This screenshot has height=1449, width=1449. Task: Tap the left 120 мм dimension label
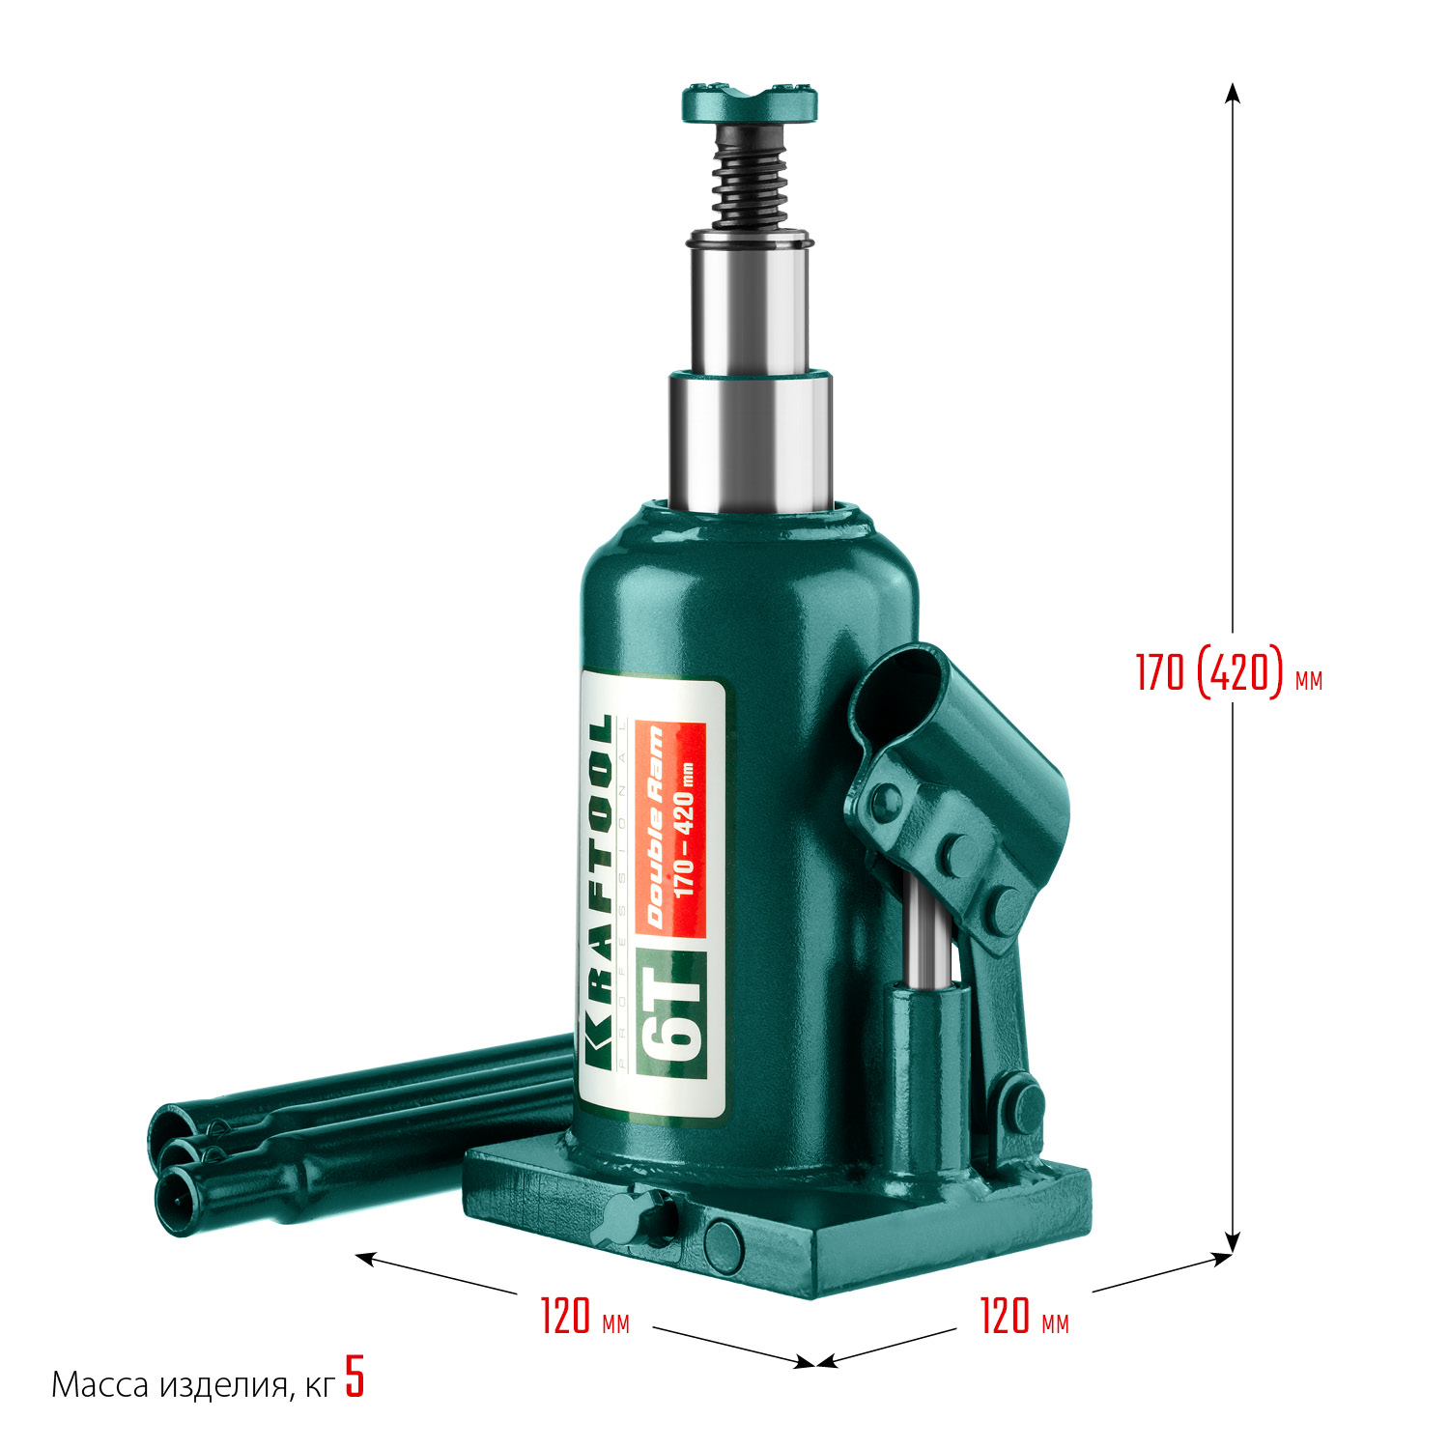pos(584,1316)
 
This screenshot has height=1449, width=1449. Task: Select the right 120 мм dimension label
pos(1024,1316)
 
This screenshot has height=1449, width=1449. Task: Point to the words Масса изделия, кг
pos(193,1385)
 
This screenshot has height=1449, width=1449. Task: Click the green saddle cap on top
pos(750,102)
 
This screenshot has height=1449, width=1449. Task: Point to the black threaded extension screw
pos(750,179)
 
